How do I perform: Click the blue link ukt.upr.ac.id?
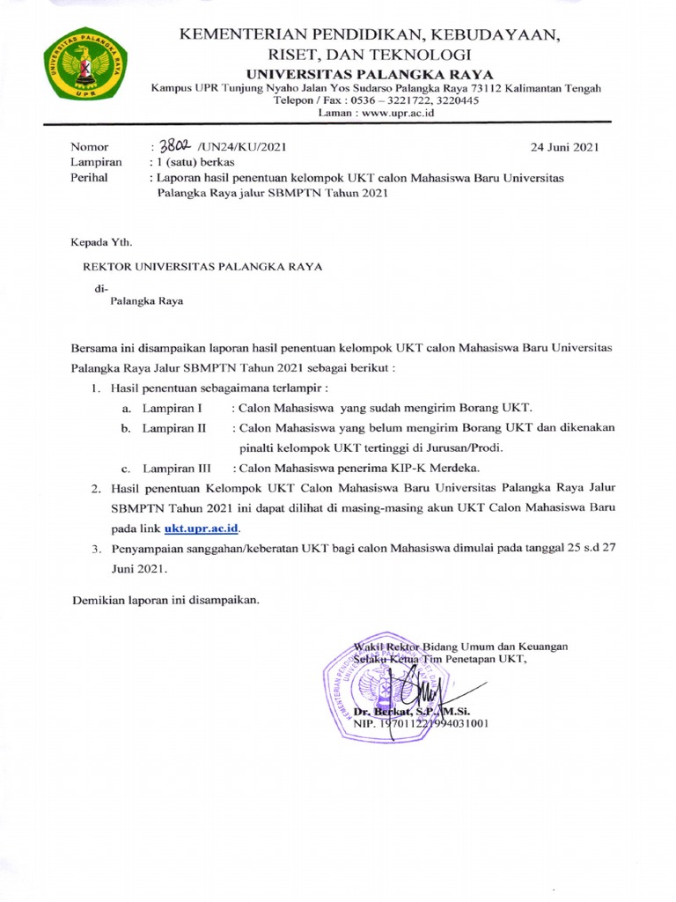click(x=202, y=529)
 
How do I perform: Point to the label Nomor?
click(x=88, y=146)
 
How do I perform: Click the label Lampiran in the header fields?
click(x=94, y=162)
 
